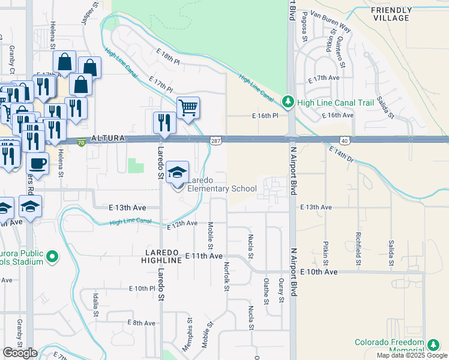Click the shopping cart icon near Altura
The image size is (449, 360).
[x=188, y=108]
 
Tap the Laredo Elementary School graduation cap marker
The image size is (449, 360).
[x=177, y=173]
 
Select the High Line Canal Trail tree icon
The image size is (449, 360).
[x=289, y=103]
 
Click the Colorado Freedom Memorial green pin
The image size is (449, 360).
[x=433, y=344]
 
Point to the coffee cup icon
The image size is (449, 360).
[x=38, y=163]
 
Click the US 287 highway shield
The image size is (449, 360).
[x=215, y=140]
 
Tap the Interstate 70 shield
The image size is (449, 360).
[x=81, y=142]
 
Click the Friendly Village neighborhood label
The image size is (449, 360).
[x=391, y=14]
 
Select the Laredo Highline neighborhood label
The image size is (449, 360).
[x=161, y=256]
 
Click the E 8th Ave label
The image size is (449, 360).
[x=142, y=323]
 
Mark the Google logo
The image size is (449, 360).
[x=20, y=353]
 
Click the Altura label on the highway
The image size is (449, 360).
[x=108, y=139]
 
